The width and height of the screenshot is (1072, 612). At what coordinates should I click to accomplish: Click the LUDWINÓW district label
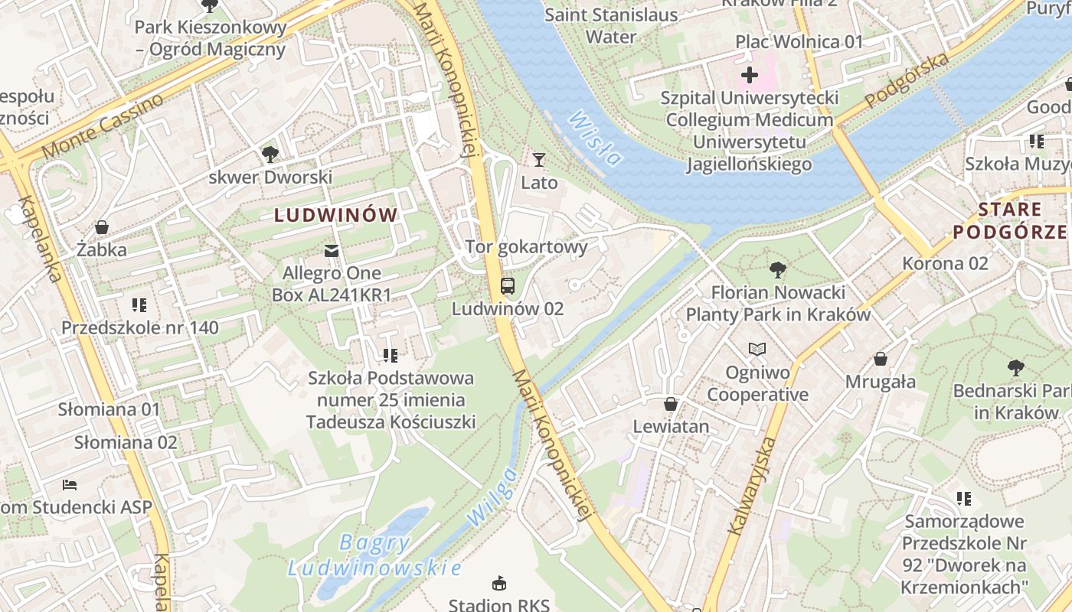click(336, 216)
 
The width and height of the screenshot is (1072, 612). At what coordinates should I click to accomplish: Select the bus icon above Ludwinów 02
click(507, 286)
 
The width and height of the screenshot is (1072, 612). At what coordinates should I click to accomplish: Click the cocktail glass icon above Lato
click(539, 160)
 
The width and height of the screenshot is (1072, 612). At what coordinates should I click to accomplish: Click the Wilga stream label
click(491, 496)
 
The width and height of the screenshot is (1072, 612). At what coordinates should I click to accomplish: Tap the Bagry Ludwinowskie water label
click(374, 555)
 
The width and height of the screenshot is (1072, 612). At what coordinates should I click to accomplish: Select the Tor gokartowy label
click(526, 247)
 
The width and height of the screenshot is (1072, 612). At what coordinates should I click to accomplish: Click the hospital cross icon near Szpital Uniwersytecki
click(749, 75)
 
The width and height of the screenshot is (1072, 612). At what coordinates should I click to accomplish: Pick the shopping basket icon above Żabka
click(101, 227)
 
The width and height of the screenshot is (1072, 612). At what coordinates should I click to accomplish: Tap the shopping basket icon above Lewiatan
click(671, 404)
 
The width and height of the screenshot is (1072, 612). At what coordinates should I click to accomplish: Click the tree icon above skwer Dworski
click(270, 155)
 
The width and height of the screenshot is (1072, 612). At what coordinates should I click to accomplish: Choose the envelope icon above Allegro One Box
click(332, 250)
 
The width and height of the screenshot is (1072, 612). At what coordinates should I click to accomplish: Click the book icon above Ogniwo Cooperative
click(757, 350)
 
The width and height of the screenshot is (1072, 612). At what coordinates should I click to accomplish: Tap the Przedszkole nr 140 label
click(140, 328)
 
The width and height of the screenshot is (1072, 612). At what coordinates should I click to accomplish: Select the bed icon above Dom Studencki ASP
click(69, 485)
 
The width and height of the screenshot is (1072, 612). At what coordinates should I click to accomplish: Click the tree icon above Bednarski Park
click(1015, 368)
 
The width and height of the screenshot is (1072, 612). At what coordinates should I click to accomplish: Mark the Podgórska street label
click(907, 80)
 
